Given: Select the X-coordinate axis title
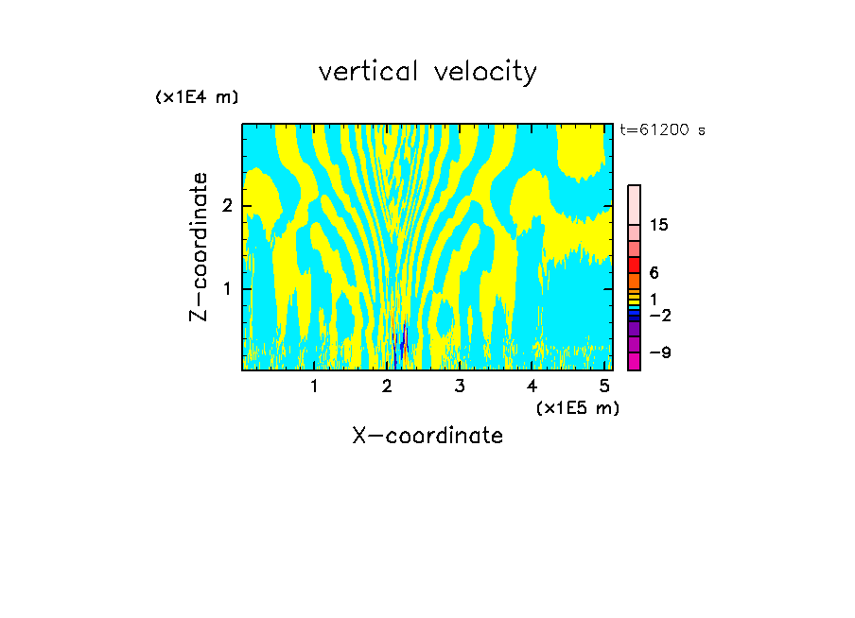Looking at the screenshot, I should click(x=427, y=436).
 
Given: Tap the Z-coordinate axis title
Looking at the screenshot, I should click(x=199, y=247).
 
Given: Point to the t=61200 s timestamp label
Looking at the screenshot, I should click(x=662, y=130).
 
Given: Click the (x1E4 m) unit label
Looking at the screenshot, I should click(x=197, y=97).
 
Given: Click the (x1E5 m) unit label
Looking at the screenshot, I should click(x=577, y=407).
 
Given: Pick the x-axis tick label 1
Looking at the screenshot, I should click(x=314, y=386).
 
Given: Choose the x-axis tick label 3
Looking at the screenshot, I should click(x=459, y=386).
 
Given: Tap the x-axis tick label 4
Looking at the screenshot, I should click(x=532, y=386).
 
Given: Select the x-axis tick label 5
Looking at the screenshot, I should click(x=603, y=386).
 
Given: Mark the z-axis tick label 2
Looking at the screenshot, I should click(x=226, y=206).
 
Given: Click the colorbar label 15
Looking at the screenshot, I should click(x=660, y=225).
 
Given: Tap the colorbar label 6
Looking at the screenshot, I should click(x=654, y=272).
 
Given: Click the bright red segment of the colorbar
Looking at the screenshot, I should click(x=634, y=265).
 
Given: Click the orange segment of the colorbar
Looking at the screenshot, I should click(x=634, y=281).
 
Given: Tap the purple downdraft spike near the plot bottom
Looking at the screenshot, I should click(x=404, y=342).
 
